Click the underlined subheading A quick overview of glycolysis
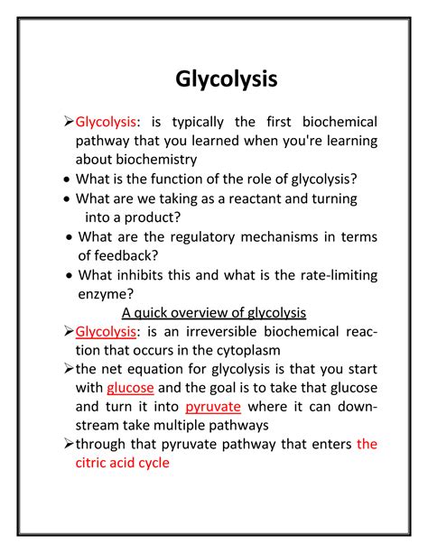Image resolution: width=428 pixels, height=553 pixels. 214,313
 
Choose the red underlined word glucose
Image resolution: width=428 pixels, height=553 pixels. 131,388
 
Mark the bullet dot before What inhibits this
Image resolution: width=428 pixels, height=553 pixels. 70,276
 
